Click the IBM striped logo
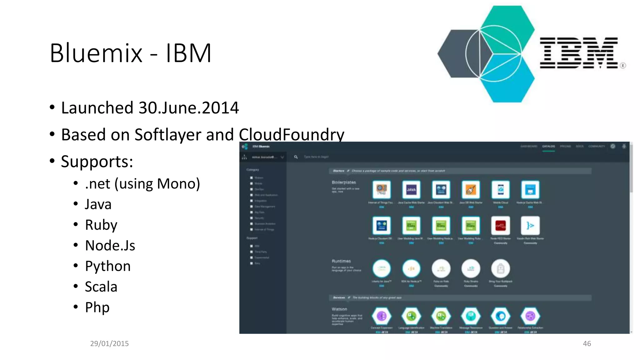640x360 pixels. click(579, 53)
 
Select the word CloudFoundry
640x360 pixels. click(291, 135)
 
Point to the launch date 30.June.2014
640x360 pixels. click(188, 108)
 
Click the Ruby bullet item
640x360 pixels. click(101, 225)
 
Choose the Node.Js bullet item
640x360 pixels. click(110, 245)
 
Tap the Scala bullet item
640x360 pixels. click(101, 287)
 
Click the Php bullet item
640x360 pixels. click(97, 307)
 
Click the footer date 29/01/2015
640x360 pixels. click(109, 343)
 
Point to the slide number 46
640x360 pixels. click(587, 343)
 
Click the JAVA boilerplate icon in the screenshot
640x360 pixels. click(411, 190)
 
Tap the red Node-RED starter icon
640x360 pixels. click(500, 226)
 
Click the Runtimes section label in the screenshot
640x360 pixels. click(341, 261)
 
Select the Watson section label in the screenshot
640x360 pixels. click(339, 309)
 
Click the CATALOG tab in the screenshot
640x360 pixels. click(548, 146)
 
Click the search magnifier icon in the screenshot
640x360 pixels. click(296, 157)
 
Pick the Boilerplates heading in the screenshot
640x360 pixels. click(344, 182)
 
